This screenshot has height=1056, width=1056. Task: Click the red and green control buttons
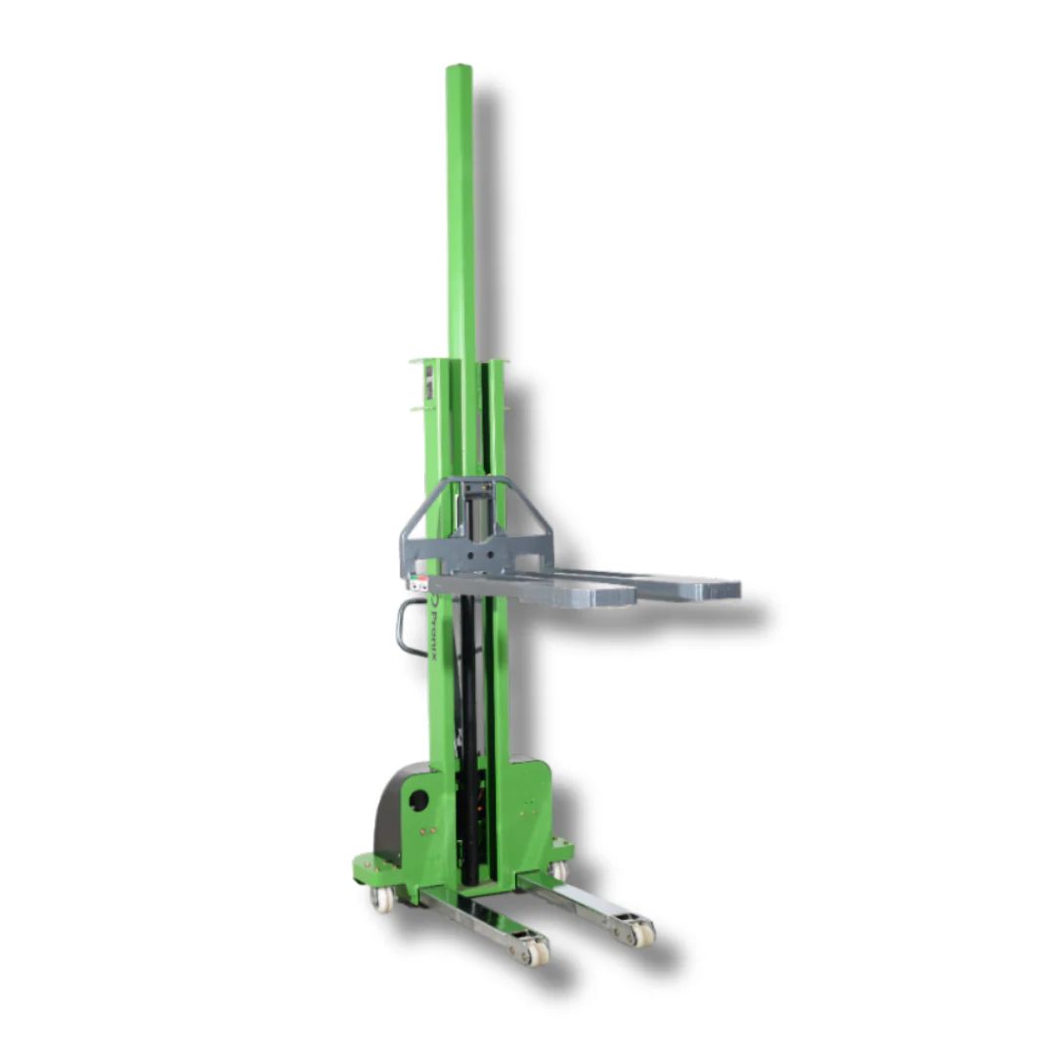[x=418, y=584]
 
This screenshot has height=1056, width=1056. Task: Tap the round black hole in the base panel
[x=418, y=800]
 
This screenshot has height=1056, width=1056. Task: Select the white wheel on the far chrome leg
[x=642, y=933]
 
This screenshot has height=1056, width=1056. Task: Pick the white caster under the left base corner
[x=381, y=899]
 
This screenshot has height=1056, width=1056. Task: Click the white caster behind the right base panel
[x=558, y=870]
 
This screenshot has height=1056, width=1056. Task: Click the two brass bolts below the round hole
[x=427, y=832]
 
